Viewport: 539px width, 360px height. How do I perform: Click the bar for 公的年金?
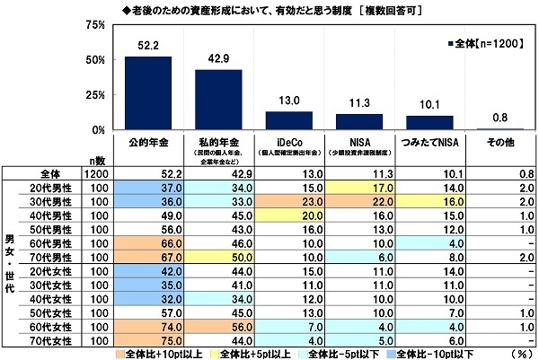pos(147,93)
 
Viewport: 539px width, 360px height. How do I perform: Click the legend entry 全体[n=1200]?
pos(486,41)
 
